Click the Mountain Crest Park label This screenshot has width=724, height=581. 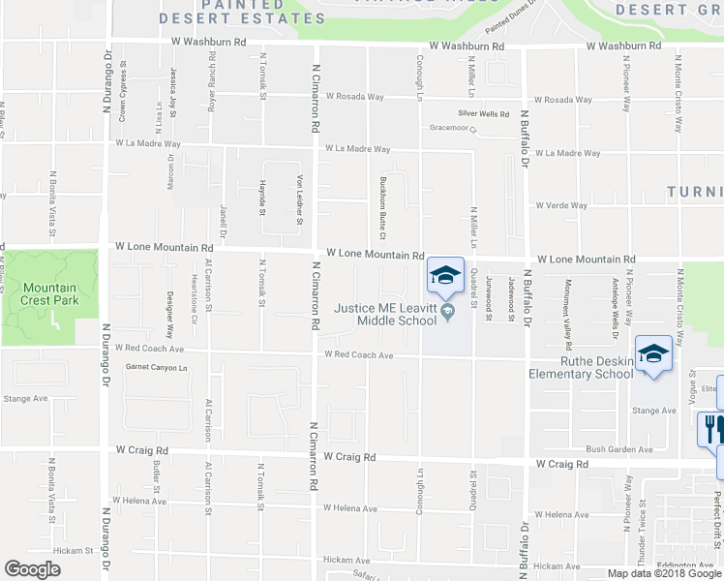pyautogui.click(x=49, y=293)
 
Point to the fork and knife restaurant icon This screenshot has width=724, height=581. pyautogui.click(x=711, y=428)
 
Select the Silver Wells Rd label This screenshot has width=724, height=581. pyautogui.click(x=484, y=114)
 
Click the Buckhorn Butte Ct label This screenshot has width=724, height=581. pyautogui.click(x=383, y=209)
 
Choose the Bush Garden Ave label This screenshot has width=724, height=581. pyautogui.click(x=619, y=449)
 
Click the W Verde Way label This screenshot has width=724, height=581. pyautogui.click(x=561, y=205)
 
